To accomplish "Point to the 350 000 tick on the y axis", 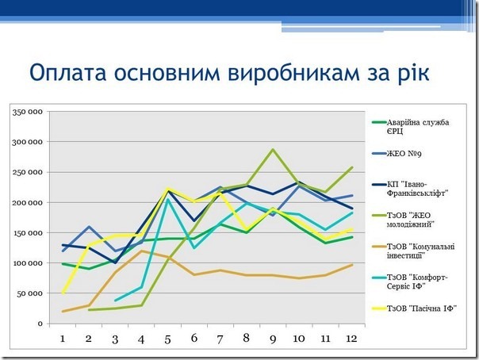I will click(28, 112).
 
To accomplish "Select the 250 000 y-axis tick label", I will click(28, 172).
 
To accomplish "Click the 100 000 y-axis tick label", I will click(28, 262).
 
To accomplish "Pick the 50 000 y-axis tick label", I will click(30, 293).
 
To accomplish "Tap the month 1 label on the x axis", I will click(63, 339).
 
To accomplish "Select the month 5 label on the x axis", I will click(167, 339).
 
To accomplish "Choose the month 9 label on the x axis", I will click(272, 339).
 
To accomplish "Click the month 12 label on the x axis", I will click(350, 339).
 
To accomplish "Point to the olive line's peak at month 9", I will click(272, 149).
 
